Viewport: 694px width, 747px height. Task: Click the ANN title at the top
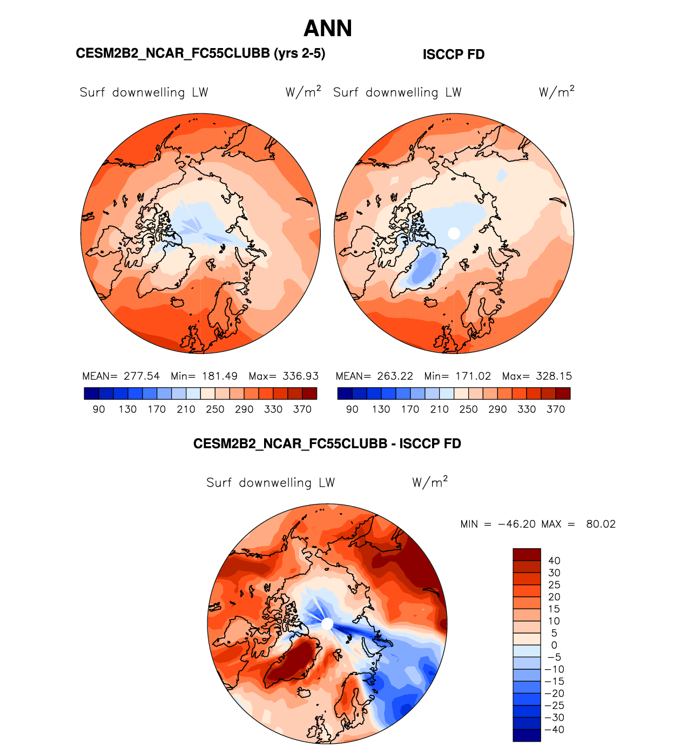328,29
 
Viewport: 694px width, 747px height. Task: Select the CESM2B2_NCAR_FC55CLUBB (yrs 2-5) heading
200,53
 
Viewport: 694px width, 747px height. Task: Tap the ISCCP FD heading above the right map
454,55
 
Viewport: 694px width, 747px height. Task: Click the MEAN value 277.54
142,376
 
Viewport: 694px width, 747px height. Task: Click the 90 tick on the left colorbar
99,409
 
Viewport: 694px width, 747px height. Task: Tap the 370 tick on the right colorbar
556,409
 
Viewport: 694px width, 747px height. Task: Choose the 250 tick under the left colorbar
215,409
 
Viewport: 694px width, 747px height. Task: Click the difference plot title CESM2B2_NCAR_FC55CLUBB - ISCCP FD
327,444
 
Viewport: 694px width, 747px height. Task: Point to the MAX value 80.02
601,524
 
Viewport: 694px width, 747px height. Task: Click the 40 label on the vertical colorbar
554,561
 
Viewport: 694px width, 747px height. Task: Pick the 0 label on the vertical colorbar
554,645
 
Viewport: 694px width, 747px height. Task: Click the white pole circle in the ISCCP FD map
454,233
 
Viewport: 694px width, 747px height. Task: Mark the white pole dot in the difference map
327,624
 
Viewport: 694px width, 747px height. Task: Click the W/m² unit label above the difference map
430,482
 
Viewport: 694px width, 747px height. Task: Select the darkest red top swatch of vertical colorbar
527,555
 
